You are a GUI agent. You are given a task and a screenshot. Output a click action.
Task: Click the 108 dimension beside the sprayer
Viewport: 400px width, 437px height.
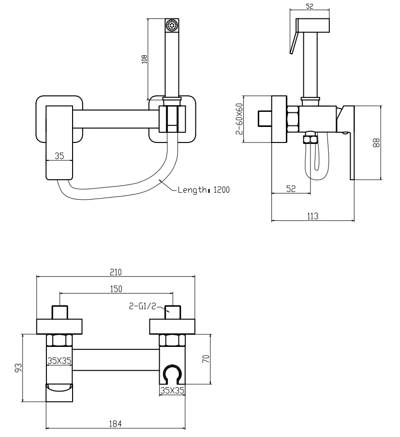click(145, 60)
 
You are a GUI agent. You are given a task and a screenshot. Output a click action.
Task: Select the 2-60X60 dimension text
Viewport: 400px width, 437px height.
click(238, 119)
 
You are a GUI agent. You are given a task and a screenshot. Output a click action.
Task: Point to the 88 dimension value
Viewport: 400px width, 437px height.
click(376, 142)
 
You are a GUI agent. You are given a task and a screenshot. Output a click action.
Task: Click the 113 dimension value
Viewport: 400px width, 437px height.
click(312, 216)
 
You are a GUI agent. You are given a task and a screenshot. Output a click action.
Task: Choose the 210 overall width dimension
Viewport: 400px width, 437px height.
click(116, 272)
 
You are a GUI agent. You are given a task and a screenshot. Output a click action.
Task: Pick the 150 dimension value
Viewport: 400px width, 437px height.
click(116, 289)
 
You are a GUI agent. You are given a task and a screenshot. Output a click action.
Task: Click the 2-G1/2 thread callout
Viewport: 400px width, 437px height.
click(142, 306)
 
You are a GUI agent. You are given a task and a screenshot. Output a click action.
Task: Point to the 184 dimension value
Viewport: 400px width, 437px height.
click(115, 424)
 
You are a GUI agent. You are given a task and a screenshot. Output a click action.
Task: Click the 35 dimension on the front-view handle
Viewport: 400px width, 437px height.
click(59, 156)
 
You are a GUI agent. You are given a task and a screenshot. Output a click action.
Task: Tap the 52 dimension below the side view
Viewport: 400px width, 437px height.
click(291, 189)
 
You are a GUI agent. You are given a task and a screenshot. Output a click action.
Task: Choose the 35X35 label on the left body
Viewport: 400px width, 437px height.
click(59, 360)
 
